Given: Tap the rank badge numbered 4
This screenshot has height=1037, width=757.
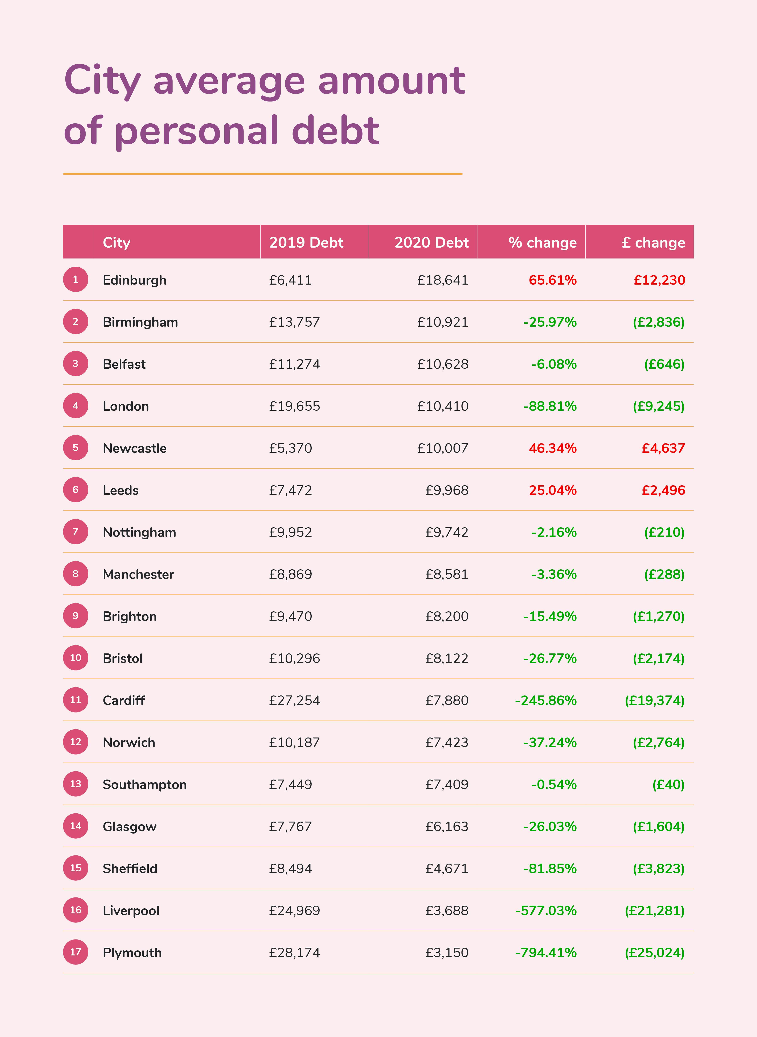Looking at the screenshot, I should click(x=76, y=406).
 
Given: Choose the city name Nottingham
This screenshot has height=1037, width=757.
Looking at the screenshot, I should click(x=139, y=532).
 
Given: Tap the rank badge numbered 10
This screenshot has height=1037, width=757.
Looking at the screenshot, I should click(x=76, y=658).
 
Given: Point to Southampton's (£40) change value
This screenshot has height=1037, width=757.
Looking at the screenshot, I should click(x=668, y=785).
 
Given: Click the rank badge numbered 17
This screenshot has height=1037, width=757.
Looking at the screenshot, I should click(x=76, y=952).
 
